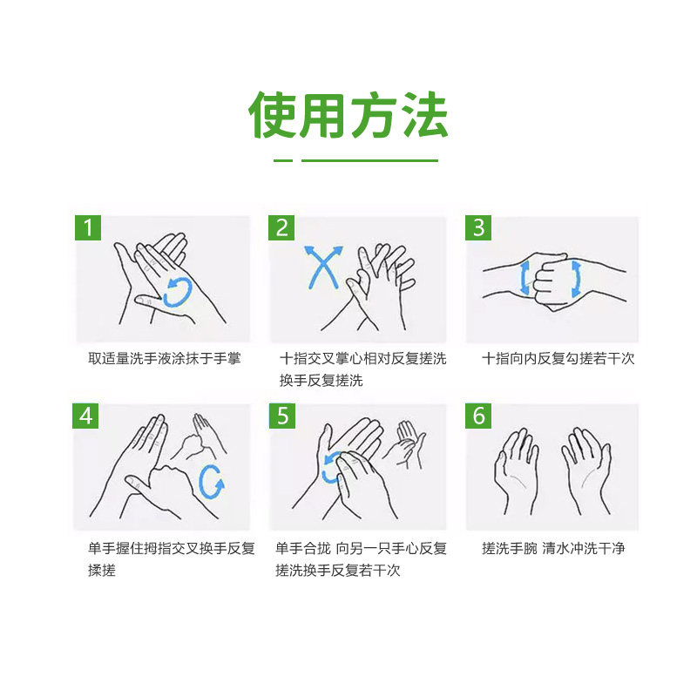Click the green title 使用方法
[348, 115]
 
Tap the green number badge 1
[88, 227]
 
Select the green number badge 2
[281, 227]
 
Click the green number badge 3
[478, 227]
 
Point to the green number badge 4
[85, 416]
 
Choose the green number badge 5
[282, 416]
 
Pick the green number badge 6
[478, 416]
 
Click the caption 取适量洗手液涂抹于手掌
[165, 358]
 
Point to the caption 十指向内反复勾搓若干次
[558, 358]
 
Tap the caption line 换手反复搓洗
[321, 381]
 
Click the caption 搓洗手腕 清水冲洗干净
[553, 548]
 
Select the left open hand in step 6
[517, 470]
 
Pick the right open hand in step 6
[586, 470]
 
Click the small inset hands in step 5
[404, 444]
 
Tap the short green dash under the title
[283, 160]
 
